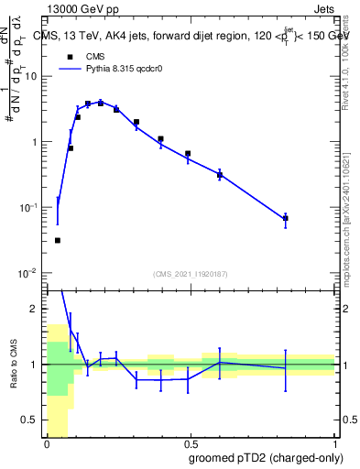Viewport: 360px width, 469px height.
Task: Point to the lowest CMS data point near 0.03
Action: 58,240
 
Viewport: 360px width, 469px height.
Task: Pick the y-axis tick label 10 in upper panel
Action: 32,77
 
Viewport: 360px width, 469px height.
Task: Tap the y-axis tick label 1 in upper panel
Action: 35,143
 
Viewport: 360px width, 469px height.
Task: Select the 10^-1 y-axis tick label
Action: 30,208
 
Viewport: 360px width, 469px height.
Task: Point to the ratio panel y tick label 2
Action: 36,310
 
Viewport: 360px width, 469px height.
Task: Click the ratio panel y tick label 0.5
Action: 32,421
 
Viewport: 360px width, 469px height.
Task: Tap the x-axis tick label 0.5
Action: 191,443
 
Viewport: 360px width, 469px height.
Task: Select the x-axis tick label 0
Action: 47,443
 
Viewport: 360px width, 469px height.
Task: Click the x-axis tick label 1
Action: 335,443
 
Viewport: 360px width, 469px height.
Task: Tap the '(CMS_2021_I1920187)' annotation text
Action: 191,274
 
